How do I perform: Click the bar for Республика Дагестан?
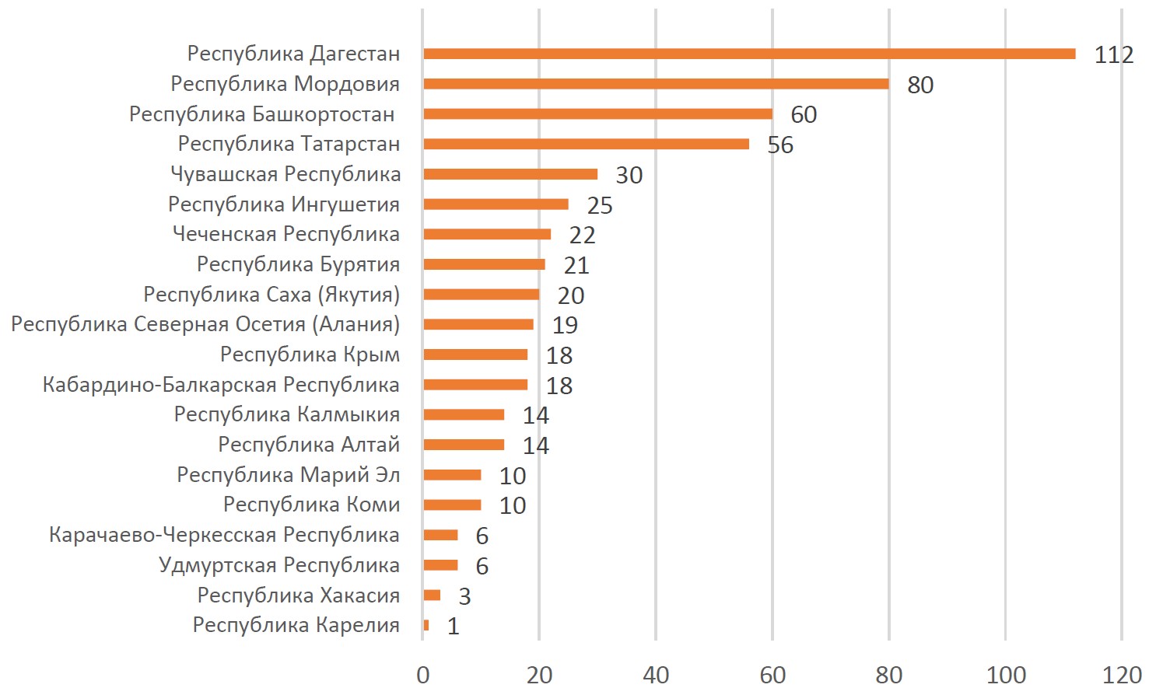[749, 54]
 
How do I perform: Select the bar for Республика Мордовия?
[656, 84]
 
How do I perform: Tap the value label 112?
[1113, 55]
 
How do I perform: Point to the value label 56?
[780, 145]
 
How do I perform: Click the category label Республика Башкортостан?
[261, 114]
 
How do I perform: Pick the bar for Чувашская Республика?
[510, 174]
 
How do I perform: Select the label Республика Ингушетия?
[284, 204]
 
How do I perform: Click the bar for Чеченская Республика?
[487, 234]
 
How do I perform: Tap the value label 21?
[576, 266]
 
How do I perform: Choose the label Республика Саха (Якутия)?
[271, 295]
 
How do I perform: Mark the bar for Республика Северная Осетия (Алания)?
[478, 324]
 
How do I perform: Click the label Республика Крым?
[310, 354]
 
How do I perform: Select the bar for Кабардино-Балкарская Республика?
[475, 384]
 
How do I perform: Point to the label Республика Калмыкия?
[286, 414]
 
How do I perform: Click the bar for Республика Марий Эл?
[452, 474]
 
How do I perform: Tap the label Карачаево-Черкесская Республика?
[224, 535]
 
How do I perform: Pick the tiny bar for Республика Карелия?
[426, 625]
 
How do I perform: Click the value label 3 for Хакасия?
[464, 596]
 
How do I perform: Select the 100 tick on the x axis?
[1005, 675]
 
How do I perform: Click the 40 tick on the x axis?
[656, 675]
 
